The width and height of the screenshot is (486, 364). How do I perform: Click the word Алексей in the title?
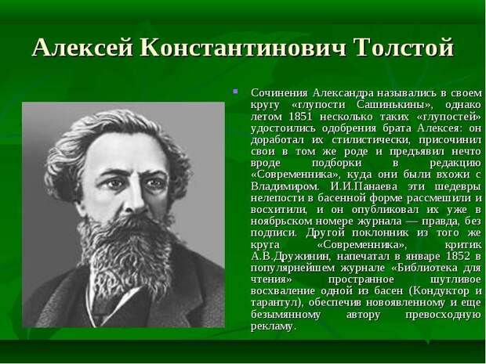tap(83, 47)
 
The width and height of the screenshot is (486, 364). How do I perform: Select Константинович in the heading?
tap(243, 47)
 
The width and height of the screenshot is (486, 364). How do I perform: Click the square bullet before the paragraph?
tap(236, 92)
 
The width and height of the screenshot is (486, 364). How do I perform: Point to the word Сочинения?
tap(279, 93)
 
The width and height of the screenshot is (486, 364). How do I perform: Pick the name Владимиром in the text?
tap(285, 186)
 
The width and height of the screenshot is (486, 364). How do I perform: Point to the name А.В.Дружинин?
tap(291, 257)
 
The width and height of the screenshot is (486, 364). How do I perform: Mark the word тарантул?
tap(273, 302)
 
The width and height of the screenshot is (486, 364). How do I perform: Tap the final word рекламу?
tap(272, 326)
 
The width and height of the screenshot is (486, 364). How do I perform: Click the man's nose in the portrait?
tap(134, 198)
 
